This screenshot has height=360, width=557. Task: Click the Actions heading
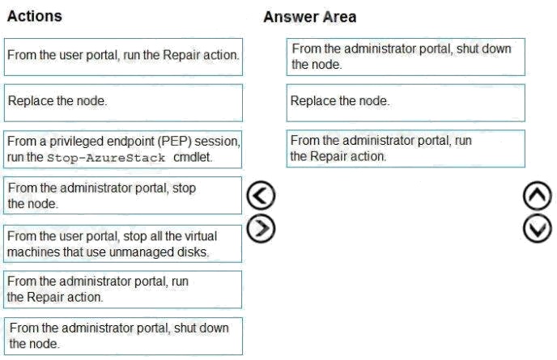(x=35, y=16)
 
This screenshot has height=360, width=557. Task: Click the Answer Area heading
(x=310, y=17)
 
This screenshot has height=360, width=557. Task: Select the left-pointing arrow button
(x=261, y=195)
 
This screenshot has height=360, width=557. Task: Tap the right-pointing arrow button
(x=261, y=228)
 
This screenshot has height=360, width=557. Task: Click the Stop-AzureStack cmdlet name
(x=106, y=158)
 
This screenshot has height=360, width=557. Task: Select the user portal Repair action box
(x=123, y=57)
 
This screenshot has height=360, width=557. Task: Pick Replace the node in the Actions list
(x=123, y=103)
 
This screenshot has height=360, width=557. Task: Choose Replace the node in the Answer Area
(x=406, y=103)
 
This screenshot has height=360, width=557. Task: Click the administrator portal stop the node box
(x=122, y=196)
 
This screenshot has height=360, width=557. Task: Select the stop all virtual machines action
(x=122, y=244)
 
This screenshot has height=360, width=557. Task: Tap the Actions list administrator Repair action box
(x=122, y=290)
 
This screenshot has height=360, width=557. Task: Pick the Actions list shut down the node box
(x=123, y=337)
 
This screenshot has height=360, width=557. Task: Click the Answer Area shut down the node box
(x=406, y=57)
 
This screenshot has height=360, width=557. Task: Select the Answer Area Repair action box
(x=406, y=149)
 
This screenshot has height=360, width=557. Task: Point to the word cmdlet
(x=193, y=157)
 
